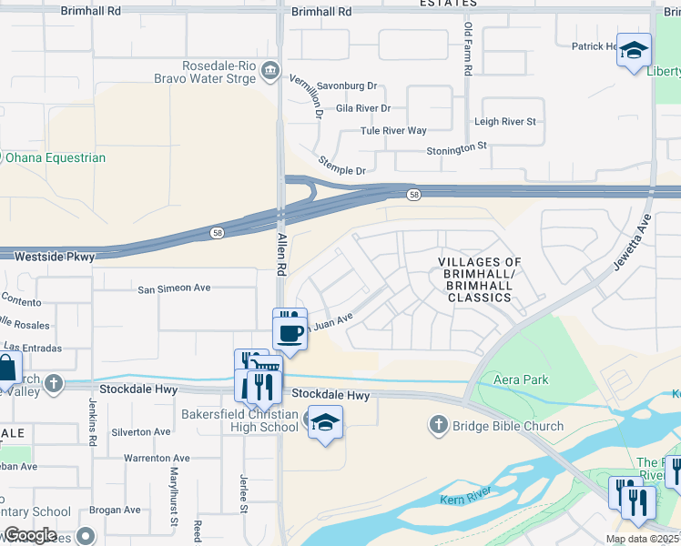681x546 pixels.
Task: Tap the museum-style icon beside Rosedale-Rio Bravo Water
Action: point(270,71)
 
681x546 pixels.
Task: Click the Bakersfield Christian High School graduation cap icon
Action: point(325,423)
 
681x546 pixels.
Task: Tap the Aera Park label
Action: point(519,379)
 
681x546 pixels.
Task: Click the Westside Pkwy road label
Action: point(55,258)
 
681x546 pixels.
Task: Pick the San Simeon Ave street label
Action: point(174,288)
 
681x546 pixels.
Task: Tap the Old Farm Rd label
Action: point(467,51)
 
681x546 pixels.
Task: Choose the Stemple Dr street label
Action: point(341,165)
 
